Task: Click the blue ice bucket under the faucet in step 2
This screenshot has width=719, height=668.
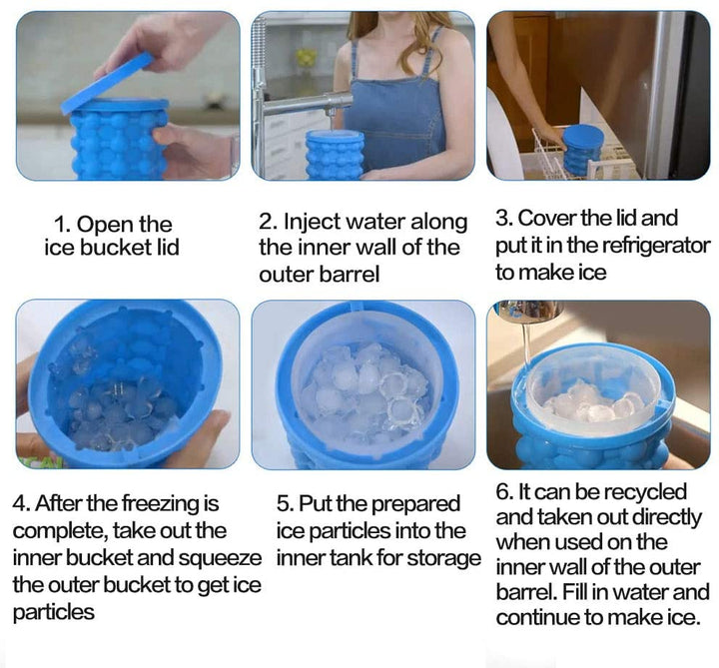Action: click(x=336, y=155)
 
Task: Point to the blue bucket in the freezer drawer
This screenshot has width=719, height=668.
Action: click(x=583, y=150)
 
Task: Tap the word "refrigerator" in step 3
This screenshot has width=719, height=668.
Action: click(x=656, y=246)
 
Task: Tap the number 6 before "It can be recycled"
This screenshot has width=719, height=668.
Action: click(x=503, y=492)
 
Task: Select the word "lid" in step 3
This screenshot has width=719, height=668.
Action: click(x=627, y=219)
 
